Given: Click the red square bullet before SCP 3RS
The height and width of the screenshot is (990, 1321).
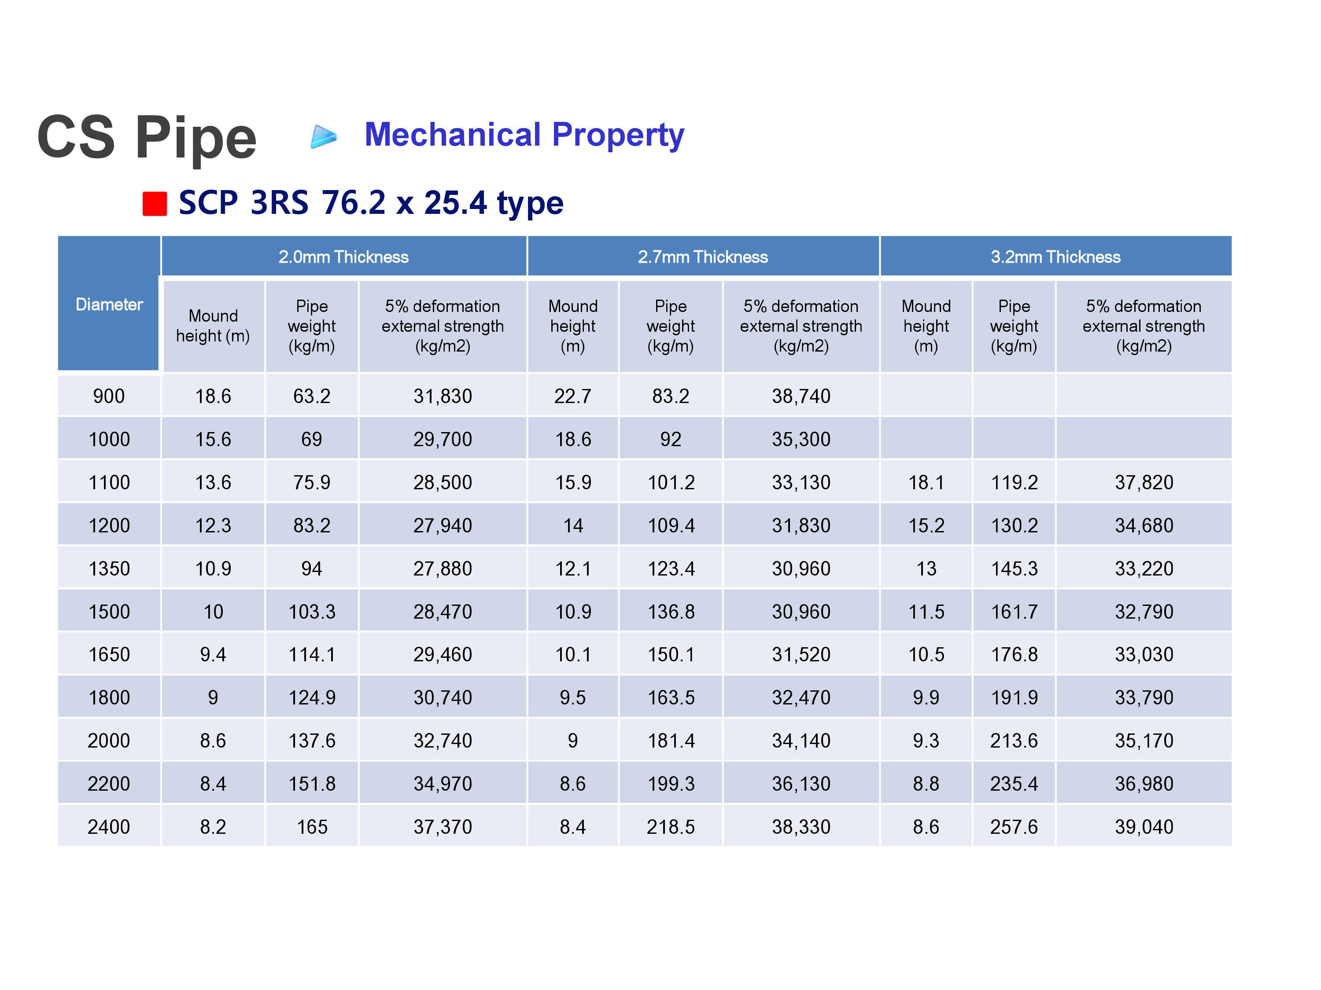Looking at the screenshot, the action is tap(155, 203).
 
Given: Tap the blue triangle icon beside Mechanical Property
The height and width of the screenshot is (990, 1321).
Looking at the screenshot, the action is tap(324, 137).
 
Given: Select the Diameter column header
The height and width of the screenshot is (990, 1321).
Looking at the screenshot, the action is tap(109, 304).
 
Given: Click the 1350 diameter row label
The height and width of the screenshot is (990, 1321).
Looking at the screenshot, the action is tap(109, 568).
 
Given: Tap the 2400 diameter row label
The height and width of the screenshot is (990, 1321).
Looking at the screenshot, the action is tap(109, 826).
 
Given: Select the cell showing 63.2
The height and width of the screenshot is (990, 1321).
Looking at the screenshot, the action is tap(312, 396).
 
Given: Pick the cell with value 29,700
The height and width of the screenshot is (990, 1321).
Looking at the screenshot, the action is tap(443, 439).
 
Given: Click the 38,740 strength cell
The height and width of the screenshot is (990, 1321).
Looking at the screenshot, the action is tap(801, 396).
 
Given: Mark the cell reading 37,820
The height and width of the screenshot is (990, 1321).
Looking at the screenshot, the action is tap(1144, 482).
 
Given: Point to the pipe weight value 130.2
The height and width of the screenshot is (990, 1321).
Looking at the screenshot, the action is tap(1014, 525).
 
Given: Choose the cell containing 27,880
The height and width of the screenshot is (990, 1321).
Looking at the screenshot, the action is tap(443, 568).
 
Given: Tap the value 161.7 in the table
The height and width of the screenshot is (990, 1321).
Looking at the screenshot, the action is tap(1014, 612).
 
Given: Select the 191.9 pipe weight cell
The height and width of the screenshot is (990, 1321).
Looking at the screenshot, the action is tap(1014, 697).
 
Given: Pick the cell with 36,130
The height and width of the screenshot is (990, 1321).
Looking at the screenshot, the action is tap(801, 784).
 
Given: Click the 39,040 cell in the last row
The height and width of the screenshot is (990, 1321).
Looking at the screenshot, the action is tap(1144, 826).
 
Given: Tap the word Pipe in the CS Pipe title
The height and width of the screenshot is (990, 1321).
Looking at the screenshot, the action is tap(196, 139).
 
